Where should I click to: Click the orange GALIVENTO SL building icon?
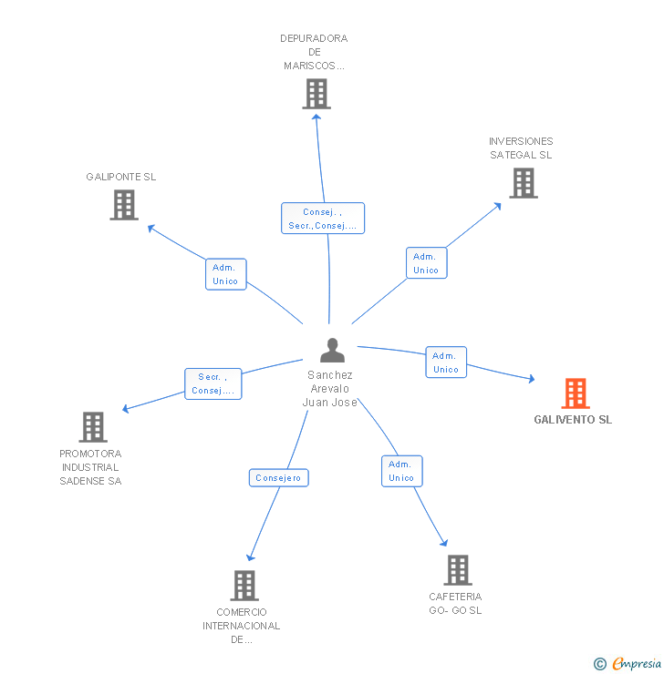pyautogui.click(x=575, y=393)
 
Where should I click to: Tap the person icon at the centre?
pyautogui.click(x=332, y=351)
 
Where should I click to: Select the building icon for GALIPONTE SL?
pyautogui.click(x=124, y=205)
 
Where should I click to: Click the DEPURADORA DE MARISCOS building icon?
pyautogui.click(x=316, y=94)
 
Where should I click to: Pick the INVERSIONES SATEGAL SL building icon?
pyautogui.click(x=523, y=183)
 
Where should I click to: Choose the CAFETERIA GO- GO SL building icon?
pyautogui.click(x=457, y=570)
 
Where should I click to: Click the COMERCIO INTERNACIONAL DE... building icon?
pyautogui.click(x=244, y=585)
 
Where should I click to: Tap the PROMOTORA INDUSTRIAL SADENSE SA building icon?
pyautogui.click(x=92, y=426)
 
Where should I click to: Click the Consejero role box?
pyautogui.click(x=279, y=478)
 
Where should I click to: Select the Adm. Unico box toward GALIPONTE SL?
pyautogui.click(x=225, y=274)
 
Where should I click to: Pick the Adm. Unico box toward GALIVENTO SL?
pyautogui.click(x=445, y=363)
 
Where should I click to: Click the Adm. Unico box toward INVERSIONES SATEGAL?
pyautogui.click(x=426, y=263)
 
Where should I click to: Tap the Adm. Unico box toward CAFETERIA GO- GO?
pyautogui.click(x=401, y=471)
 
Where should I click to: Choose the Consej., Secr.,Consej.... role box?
pyautogui.click(x=322, y=219)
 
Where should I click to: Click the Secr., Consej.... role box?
pyautogui.click(x=213, y=383)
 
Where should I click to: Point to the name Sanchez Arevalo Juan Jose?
pyautogui.click(x=331, y=389)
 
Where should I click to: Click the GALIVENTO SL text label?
pyautogui.click(x=573, y=420)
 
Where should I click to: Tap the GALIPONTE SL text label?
pyautogui.click(x=121, y=177)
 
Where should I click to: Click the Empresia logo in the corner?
pyautogui.click(x=628, y=664)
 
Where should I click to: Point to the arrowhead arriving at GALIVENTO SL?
pyautogui.click(x=531, y=378)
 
